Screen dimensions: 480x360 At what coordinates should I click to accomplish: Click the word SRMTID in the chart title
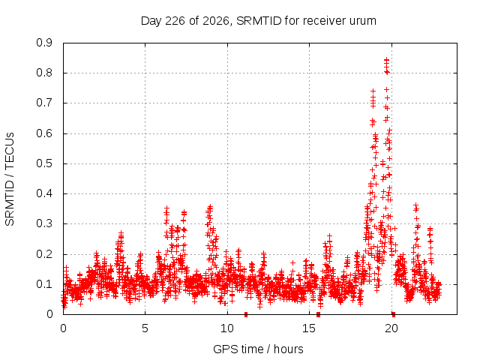[259, 21]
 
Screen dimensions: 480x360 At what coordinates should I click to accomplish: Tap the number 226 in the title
[175, 21]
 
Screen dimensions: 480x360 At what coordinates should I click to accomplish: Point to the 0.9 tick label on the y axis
[44, 43]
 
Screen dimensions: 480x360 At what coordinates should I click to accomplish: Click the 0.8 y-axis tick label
[44, 73]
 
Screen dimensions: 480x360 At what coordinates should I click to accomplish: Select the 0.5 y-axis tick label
[44, 163]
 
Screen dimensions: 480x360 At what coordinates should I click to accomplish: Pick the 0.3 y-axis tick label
[44, 223]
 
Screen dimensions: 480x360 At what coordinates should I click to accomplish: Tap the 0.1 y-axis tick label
[44, 284]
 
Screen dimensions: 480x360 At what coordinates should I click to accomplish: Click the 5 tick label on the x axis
[145, 328]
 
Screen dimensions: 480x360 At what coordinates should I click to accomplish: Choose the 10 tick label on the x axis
[227, 328]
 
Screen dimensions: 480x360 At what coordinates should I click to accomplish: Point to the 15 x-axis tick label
[309, 328]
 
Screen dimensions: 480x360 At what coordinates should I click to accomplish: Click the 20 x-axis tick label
[391, 328]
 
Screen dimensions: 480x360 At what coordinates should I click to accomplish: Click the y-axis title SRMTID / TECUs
[10, 179]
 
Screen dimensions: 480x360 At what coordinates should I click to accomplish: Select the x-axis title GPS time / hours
[258, 349]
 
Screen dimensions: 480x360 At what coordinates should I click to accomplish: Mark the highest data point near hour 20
[387, 59]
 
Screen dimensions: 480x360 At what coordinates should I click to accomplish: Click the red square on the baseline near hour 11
[246, 315]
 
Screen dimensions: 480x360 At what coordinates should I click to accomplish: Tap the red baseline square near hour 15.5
[318, 315]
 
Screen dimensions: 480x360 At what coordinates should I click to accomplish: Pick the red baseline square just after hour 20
[394, 315]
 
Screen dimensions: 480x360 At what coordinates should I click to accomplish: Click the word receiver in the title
[324, 21]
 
